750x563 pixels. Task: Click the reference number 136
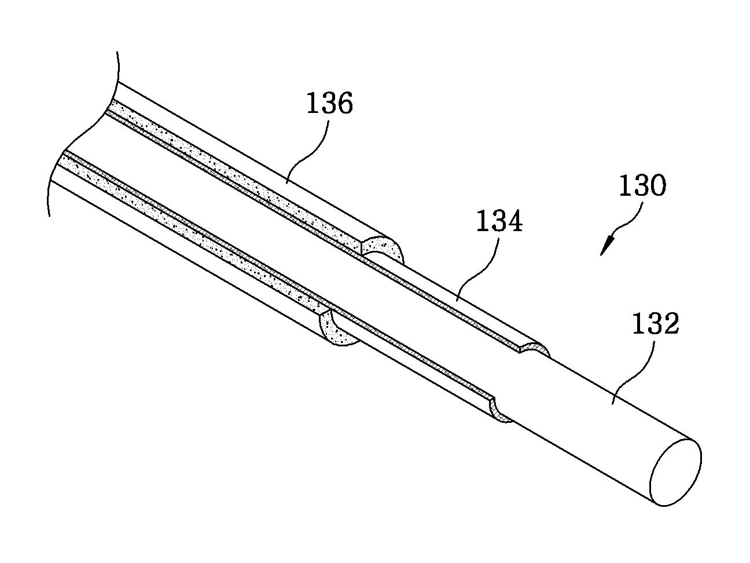pyautogui.click(x=329, y=104)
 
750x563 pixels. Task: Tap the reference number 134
pyautogui.click(x=499, y=221)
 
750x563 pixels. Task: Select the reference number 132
pyautogui.click(x=655, y=324)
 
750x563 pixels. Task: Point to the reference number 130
pyautogui.click(x=642, y=187)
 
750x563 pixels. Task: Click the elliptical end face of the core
pyautogui.click(x=675, y=472)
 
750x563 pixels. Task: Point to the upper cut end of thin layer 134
pyautogui.click(x=536, y=348)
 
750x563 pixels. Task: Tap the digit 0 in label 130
pyautogui.click(x=657, y=187)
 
